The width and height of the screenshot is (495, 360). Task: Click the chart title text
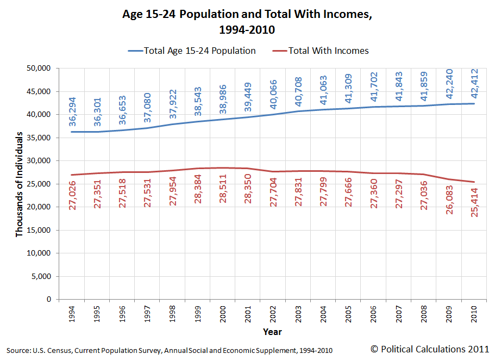coord(247,21)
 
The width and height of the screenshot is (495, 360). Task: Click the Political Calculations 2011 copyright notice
coord(429,348)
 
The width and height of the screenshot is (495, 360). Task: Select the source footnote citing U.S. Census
coord(169,350)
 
